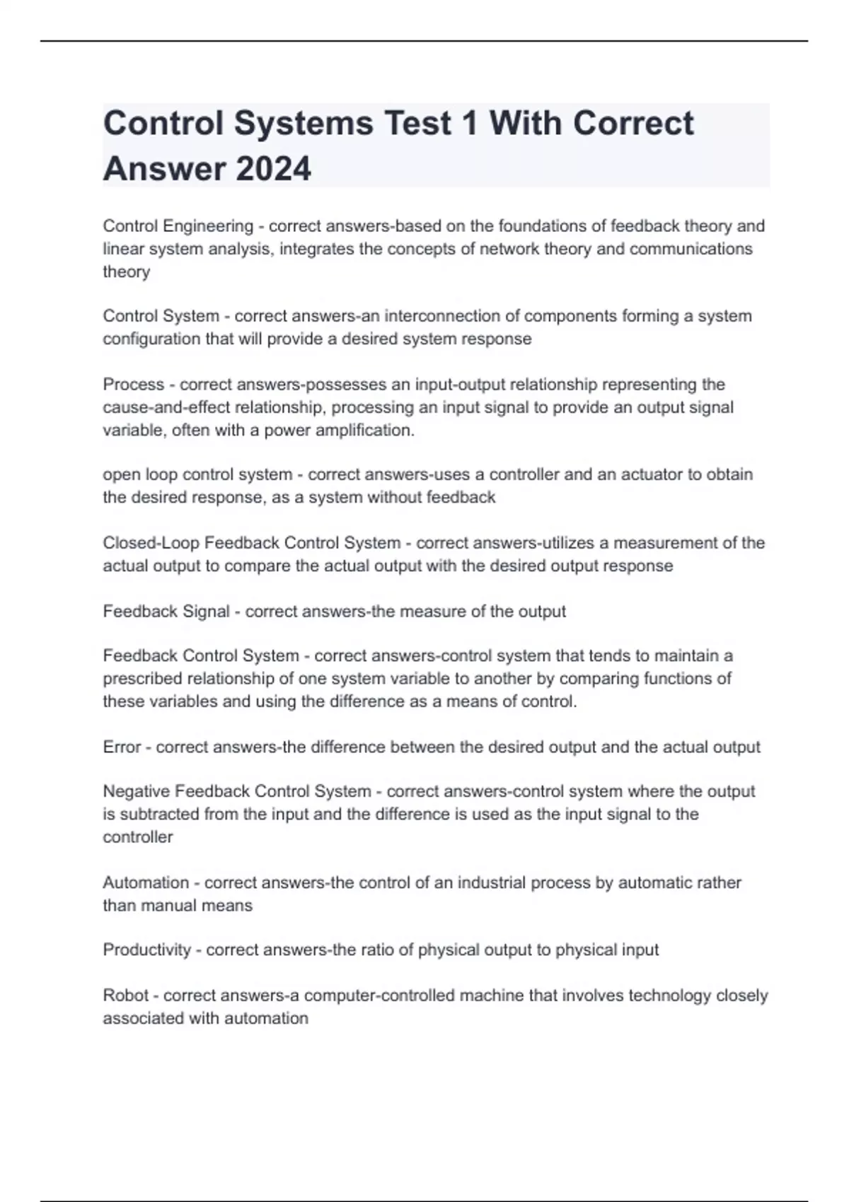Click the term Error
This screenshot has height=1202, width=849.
point(122,747)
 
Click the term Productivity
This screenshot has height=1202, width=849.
point(147,950)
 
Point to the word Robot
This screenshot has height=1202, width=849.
point(125,996)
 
